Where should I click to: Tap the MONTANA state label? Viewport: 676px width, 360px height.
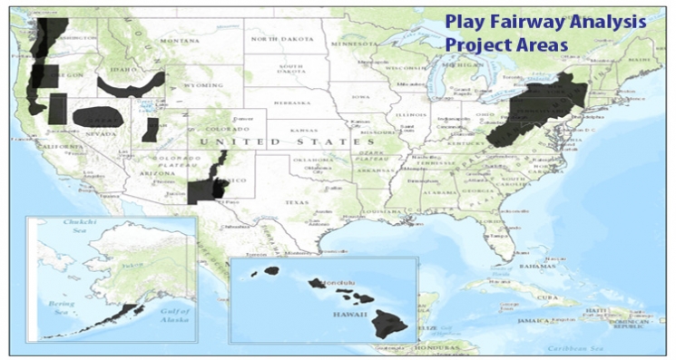(179, 41)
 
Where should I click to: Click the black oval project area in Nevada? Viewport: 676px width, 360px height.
(97, 117)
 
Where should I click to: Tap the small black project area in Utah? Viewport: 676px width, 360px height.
(151, 129)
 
